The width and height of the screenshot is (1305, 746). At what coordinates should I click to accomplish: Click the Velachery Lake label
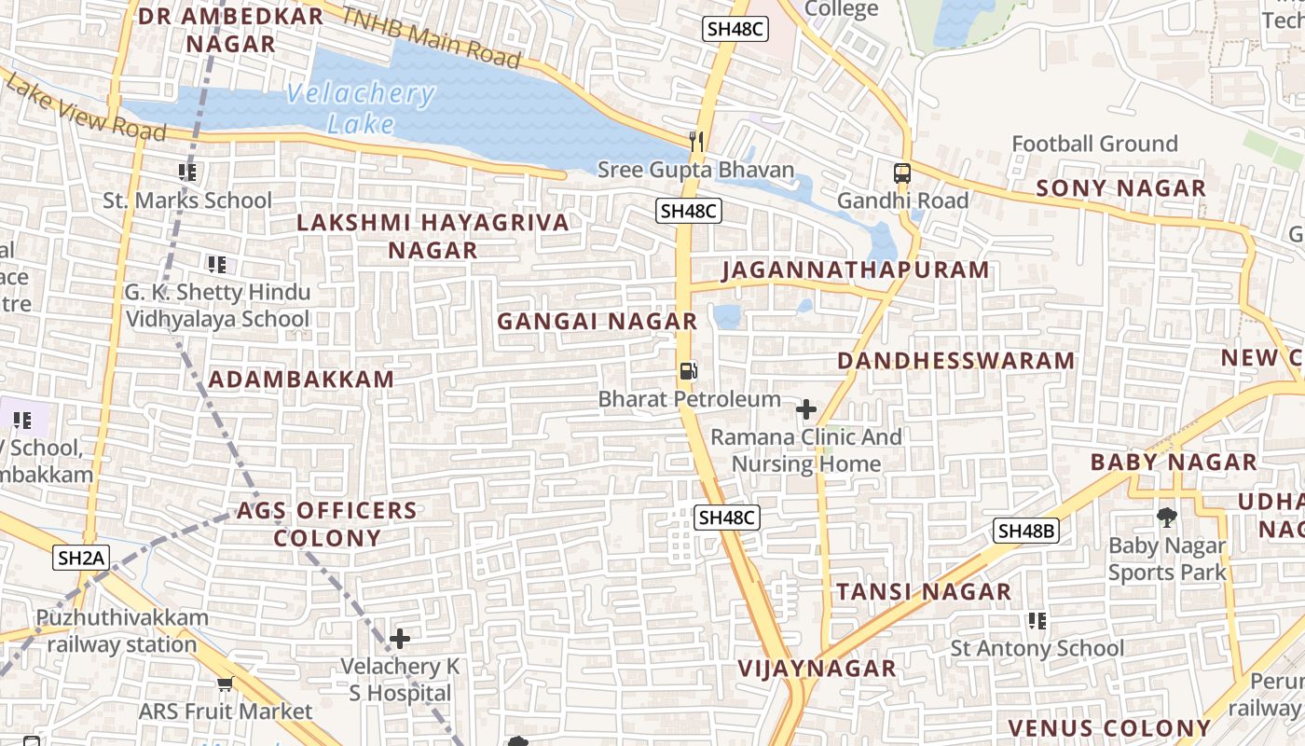360,108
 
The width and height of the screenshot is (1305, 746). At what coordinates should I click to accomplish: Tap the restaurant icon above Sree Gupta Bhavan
695,141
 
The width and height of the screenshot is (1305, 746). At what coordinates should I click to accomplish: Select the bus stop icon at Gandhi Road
902,173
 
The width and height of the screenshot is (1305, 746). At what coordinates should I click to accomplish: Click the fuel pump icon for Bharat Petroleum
688,371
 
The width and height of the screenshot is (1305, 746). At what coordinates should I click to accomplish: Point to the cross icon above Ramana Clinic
806,409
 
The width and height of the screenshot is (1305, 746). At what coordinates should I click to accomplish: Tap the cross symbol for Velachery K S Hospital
400,639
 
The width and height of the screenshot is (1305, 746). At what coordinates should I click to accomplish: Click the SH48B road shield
1025,531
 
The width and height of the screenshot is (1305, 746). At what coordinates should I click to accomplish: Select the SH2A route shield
82,558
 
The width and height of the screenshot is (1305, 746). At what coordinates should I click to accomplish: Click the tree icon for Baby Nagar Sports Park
1166,517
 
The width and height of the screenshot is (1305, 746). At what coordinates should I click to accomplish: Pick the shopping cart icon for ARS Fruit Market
225,684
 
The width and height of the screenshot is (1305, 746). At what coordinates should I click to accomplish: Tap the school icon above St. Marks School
187,173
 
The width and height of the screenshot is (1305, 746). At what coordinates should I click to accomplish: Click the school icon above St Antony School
1037,620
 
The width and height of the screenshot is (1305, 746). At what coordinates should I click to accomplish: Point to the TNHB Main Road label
430,36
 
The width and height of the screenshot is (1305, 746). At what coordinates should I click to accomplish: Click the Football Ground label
1094,144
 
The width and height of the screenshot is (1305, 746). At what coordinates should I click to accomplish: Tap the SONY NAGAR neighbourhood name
1120,188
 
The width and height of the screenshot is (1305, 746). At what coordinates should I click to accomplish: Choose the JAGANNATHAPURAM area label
855,269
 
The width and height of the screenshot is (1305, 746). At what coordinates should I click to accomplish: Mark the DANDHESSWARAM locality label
955,361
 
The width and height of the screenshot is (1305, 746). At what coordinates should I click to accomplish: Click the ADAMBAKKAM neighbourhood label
301,380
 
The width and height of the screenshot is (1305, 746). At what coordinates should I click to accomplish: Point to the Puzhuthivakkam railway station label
122,630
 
